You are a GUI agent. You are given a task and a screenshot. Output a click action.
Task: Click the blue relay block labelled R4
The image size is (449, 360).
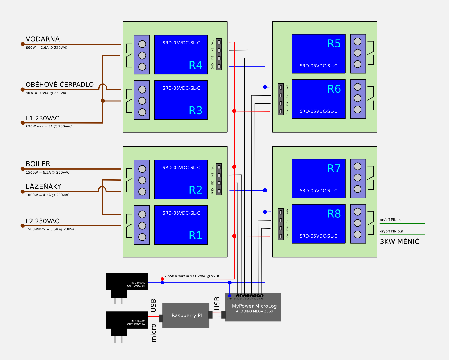point(181,54)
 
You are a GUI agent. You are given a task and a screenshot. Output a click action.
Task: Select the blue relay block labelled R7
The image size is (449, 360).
point(319,178)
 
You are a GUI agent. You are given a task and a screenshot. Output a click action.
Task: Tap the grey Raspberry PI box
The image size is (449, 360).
point(186,315)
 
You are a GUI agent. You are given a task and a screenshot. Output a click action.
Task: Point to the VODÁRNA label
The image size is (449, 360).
point(43,39)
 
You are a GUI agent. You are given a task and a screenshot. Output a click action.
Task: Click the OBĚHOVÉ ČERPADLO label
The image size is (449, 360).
point(59,85)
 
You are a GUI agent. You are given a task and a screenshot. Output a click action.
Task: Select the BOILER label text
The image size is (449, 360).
point(38,164)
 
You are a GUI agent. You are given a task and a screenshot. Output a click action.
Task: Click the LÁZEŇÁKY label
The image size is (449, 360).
point(43,187)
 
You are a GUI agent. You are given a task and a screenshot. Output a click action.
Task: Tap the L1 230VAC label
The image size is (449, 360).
point(42,119)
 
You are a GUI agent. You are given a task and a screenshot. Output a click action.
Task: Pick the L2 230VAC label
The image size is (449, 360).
point(42,221)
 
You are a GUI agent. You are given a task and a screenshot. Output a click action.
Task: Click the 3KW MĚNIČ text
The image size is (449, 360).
point(399,242)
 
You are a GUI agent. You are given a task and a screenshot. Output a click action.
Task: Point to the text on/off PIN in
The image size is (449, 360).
point(390,220)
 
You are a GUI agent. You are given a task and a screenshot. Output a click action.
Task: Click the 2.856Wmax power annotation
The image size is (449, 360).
point(192,276)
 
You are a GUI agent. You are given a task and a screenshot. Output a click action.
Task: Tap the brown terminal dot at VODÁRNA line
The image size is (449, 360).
point(23,44)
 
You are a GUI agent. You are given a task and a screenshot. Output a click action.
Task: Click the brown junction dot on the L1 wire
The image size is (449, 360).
point(103,101)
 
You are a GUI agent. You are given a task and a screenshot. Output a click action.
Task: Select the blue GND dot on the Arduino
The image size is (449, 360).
point(230,296)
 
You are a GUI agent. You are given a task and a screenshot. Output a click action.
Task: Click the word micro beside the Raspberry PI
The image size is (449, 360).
point(154,333)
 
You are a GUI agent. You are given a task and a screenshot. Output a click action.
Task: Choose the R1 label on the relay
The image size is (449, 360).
point(196,235)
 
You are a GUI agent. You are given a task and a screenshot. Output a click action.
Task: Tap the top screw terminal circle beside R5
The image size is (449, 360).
point(358,42)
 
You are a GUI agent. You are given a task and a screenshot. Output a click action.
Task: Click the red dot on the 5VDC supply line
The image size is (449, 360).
point(162,279)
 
